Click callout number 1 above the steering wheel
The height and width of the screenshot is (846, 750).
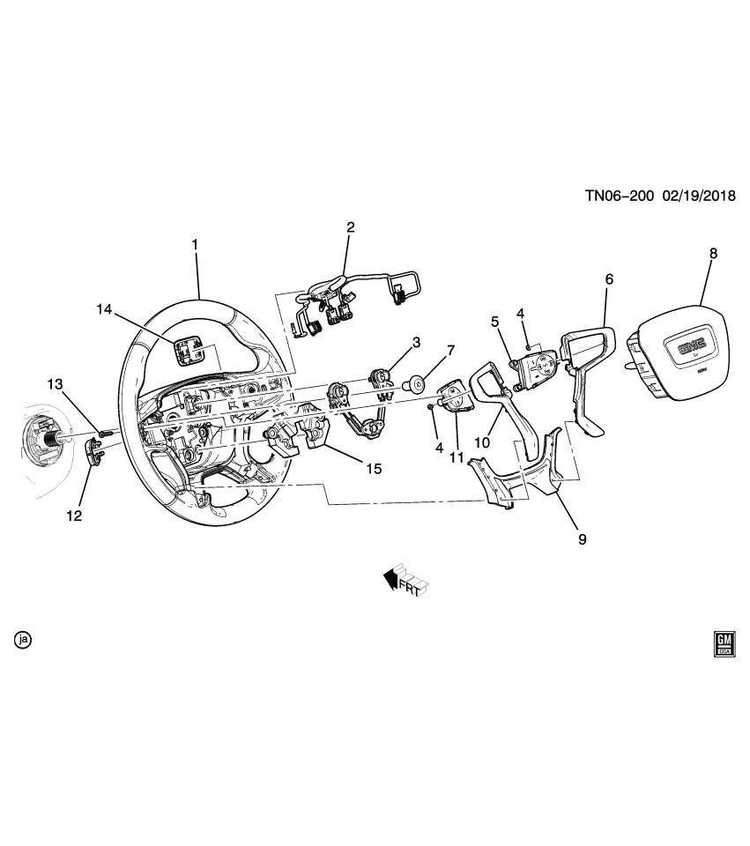pos(195,243)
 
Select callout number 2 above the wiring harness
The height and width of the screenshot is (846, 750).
pos(350,227)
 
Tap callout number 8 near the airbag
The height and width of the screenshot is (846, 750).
pos(713,253)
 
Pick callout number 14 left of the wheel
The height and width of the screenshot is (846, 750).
pos(105,308)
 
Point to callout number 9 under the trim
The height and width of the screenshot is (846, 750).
pos(582,538)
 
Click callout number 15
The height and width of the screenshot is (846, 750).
pos(374,469)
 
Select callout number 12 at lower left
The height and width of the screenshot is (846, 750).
pos(74,516)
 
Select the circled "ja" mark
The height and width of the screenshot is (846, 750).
pos(22,640)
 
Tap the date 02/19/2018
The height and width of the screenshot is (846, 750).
pos(703,197)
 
